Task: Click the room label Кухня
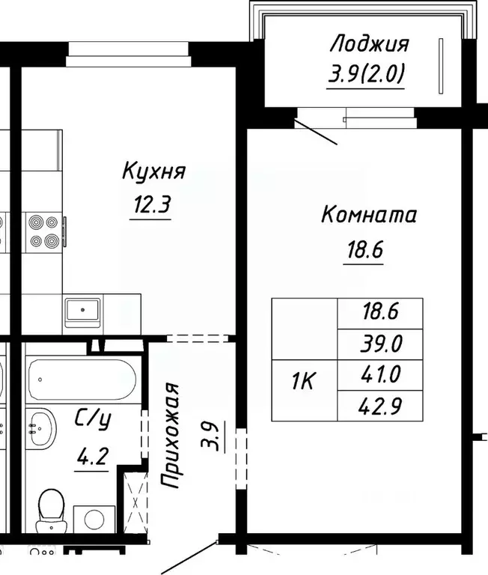coord(153,173)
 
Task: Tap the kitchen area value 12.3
coord(152,204)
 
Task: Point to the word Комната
coord(368,216)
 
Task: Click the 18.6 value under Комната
coord(364,249)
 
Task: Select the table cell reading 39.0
coord(380,344)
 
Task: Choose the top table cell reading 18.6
coord(380,312)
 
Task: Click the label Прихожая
coord(174,436)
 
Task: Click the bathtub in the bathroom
coord(81,380)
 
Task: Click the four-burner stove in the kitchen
coord(43,231)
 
